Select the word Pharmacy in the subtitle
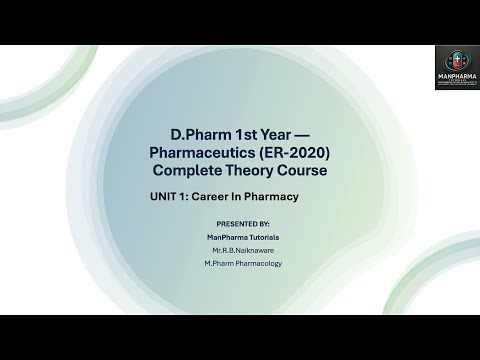click(276, 197)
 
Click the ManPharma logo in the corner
click(456, 67)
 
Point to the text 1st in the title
click(236, 134)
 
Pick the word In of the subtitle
click(245, 197)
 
